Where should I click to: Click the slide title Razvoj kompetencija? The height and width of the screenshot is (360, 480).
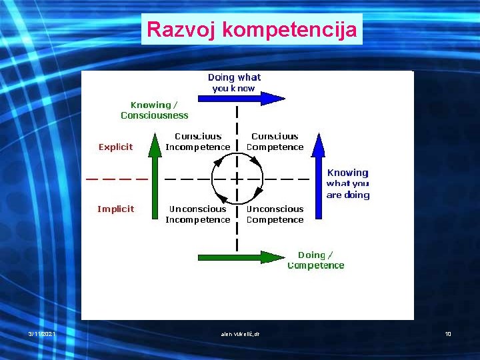point(251,29)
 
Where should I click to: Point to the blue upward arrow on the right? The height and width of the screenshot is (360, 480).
point(318,177)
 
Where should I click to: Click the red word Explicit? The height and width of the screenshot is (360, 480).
point(115,147)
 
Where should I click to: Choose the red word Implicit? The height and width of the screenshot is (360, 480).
point(115,209)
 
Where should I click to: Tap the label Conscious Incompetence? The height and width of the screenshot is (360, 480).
point(198,141)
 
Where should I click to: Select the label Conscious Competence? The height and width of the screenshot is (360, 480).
point(275,141)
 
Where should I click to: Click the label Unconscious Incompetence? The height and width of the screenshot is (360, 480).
point(198,214)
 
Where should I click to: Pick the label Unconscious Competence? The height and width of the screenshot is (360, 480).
point(275,214)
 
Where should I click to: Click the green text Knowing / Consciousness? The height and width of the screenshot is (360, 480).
point(155,110)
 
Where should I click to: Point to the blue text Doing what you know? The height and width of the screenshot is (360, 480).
point(234,82)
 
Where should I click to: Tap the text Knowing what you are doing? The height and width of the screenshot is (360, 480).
point(347,183)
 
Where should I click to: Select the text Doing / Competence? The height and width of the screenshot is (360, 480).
point(316,260)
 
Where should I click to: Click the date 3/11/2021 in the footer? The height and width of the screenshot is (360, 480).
point(41,333)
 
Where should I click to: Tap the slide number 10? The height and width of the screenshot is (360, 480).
point(448,333)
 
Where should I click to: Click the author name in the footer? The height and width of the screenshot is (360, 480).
point(239,333)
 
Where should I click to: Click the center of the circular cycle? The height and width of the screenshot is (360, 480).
point(237,179)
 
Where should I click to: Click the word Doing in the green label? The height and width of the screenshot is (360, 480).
point(311,255)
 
